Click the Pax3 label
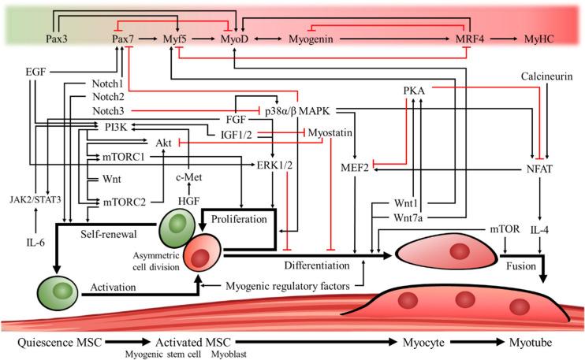click(57, 39)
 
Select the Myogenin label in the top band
click(311, 39)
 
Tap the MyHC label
click(539, 39)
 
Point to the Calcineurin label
click(546, 76)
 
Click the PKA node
click(414, 91)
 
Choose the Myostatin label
click(330, 132)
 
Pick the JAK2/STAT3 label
click(35, 200)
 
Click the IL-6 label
click(35, 243)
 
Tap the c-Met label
click(188, 177)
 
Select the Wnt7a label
click(408, 217)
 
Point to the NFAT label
click(539, 169)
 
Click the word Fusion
click(521, 266)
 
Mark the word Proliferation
click(239, 219)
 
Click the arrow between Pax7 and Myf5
click(148, 39)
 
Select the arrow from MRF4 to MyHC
click(504, 39)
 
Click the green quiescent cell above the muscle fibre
click(58, 291)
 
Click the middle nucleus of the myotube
click(465, 299)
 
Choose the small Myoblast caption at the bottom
click(229, 354)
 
